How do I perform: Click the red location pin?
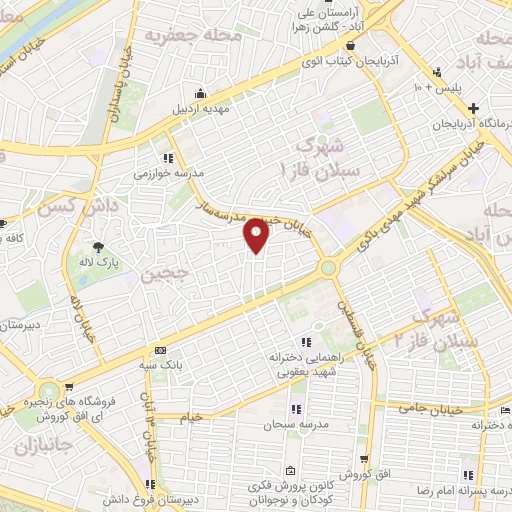pos(257,235)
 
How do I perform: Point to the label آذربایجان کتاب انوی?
pos(349,62)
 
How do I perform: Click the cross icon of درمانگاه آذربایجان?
pos(475,108)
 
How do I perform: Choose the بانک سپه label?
pos(160,366)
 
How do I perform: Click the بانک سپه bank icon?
pos(160,351)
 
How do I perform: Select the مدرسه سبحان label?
pos(296,425)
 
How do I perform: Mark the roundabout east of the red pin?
pos(328,267)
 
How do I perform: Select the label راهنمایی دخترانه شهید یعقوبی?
pos(299,364)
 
